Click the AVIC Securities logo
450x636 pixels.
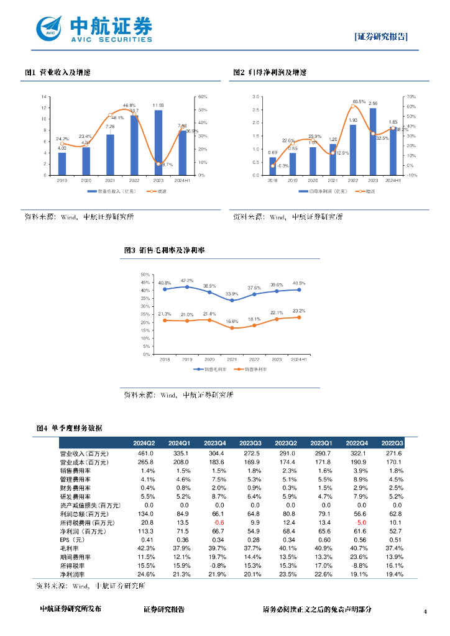coord(94,29)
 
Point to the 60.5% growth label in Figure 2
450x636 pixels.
coord(359,101)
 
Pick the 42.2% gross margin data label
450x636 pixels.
coord(187,281)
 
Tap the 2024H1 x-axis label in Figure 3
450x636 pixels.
coord(299,360)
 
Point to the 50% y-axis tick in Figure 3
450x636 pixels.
coord(145,275)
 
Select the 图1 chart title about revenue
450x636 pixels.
coord(58,73)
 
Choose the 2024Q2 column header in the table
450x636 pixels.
coord(144,443)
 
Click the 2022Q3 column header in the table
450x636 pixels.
coord(393,443)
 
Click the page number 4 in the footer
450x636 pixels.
coord(425,612)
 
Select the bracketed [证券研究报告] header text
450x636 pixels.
coord(381,37)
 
